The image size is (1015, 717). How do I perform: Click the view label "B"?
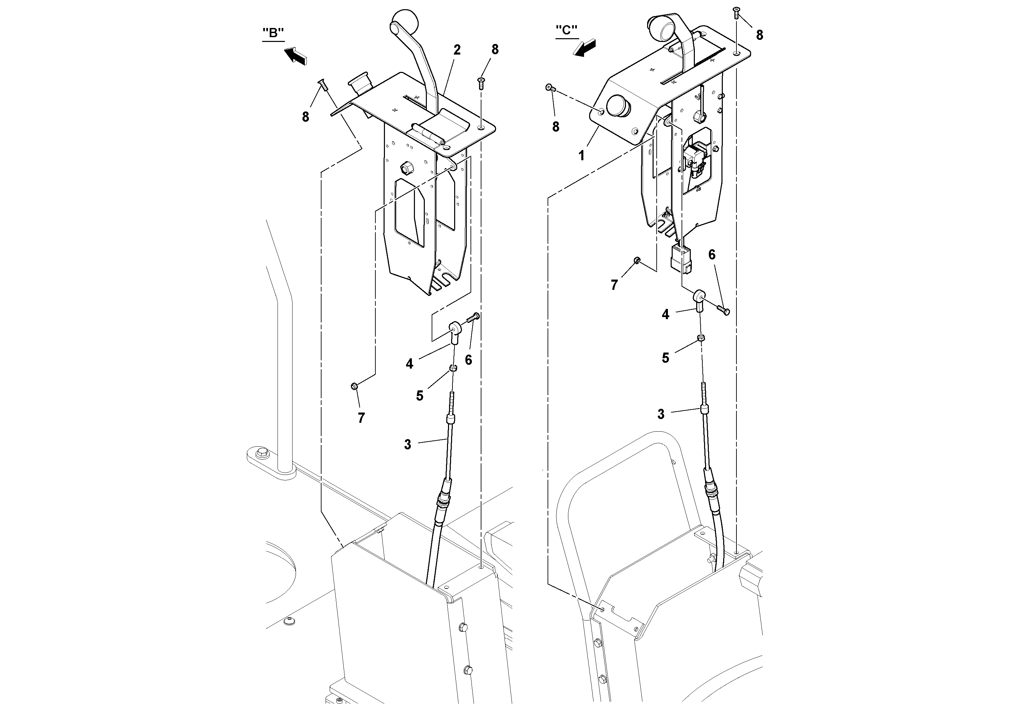tap(273, 34)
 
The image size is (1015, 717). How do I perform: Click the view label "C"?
tap(566, 30)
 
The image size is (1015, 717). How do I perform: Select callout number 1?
tap(582, 155)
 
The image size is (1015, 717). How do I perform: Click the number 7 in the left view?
tap(361, 418)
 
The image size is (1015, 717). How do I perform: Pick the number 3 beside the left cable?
tap(407, 444)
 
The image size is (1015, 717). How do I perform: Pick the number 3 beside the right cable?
tap(660, 414)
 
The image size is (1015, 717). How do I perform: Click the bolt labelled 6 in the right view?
tap(725, 310)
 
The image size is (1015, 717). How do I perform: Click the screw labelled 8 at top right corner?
tap(736, 12)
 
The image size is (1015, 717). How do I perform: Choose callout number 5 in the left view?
tap(419, 395)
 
